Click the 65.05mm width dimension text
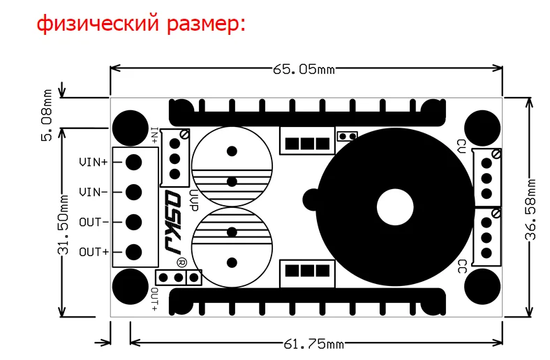click(304, 69)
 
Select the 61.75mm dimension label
click(313, 344)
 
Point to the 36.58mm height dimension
click(530, 209)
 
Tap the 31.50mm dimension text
click(63, 225)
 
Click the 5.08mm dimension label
click(46, 115)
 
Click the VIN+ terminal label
click(94, 163)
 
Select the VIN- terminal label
click(94, 192)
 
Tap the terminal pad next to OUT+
click(133, 252)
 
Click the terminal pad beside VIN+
click(133, 163)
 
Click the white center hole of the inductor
click(395, 207)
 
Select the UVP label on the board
click(193, 201)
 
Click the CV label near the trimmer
click(462, 147)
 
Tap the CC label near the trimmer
click(462, 267)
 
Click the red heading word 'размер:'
click(207, 24)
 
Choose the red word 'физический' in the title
click(98, 24)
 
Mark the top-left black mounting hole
click(131, 128)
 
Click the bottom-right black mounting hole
click(483, 286)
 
